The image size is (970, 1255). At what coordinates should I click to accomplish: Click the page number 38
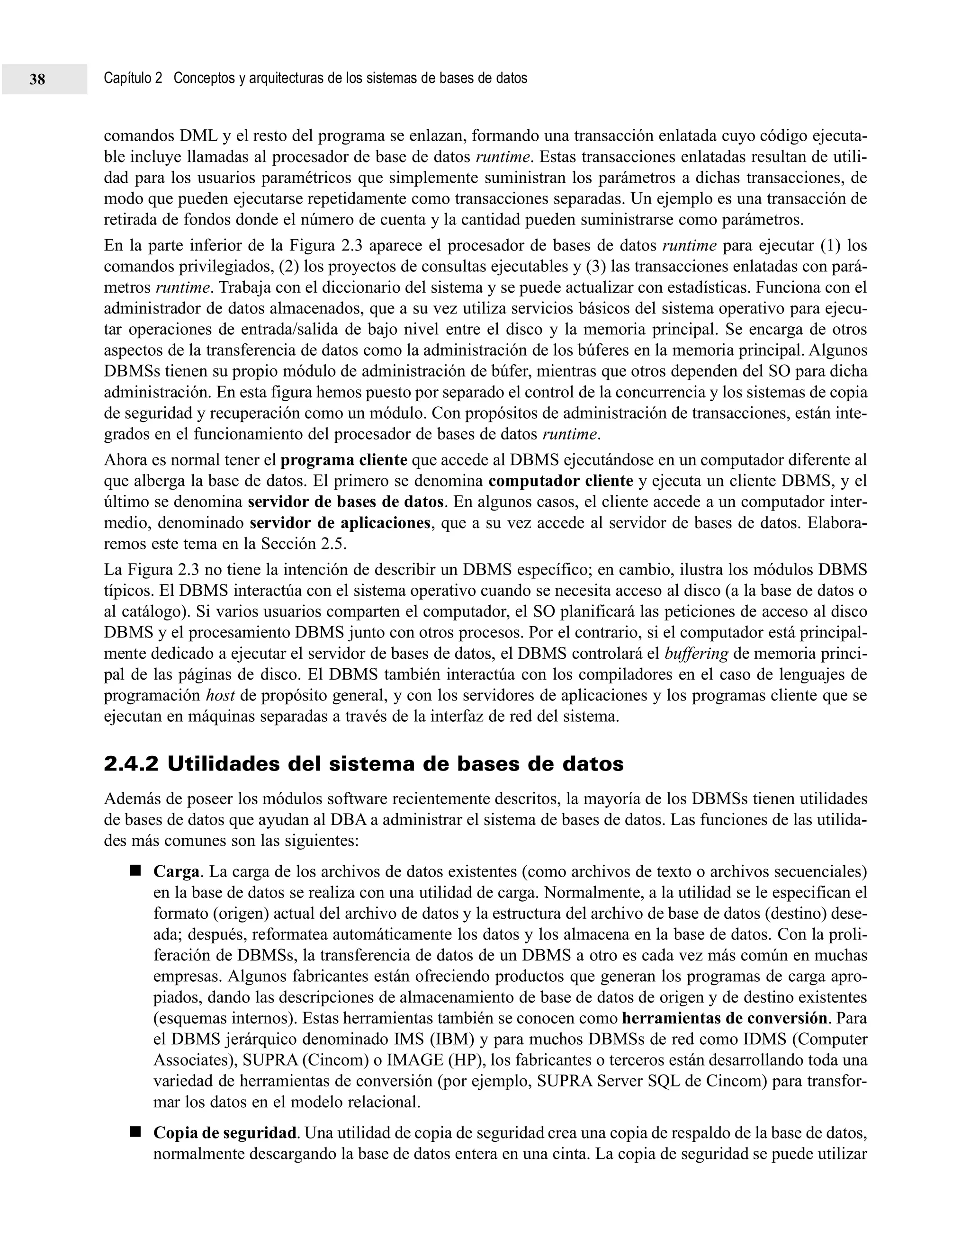coord(37,79)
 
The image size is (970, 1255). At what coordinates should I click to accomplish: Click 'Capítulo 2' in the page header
coord(133,78)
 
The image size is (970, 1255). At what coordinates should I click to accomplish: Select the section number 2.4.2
coord(132,764)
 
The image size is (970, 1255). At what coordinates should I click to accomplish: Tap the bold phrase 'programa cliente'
coord(344,460)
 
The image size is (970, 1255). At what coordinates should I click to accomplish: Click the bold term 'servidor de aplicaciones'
coord(340,523)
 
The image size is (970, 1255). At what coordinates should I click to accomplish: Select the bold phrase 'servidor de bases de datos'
coord(346,502)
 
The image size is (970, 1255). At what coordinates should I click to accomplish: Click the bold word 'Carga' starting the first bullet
coord(176,872)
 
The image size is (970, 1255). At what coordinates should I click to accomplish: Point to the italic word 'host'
coord(220,696)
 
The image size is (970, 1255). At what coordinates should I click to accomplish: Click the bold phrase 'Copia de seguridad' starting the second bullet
coord(225,1134)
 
